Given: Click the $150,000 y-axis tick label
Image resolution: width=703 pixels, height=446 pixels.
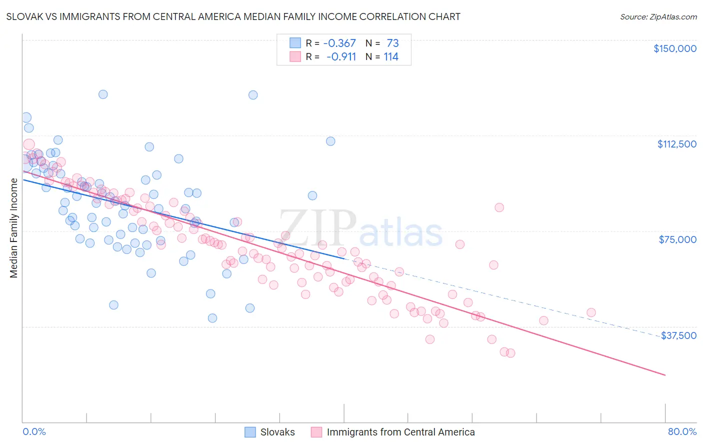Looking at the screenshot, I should click(674, 48).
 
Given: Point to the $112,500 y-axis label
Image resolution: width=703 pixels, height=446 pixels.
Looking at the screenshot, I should click(676, 144).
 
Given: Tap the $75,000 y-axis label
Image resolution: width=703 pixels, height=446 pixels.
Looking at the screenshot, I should click(677, 239).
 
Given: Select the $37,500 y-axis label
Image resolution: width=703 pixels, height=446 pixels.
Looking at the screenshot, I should click(678, 335).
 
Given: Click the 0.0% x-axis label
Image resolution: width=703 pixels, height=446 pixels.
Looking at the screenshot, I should click(34, 432).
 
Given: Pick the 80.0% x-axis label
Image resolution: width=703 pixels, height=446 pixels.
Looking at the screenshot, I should click(682, 432).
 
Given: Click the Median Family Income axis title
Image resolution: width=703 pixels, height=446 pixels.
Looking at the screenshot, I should click(13, 228).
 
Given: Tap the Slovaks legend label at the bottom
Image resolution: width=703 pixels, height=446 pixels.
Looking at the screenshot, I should click(277, 432).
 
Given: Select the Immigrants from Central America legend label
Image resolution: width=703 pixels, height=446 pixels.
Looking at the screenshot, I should click(400, 432).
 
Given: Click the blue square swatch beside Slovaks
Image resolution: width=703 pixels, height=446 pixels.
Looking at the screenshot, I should click(250, 432).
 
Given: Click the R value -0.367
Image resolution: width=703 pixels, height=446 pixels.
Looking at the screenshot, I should click(339, 43).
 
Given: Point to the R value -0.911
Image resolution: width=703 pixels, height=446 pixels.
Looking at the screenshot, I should click(341, 57).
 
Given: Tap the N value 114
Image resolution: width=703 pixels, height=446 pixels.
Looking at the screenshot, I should click(391, 57).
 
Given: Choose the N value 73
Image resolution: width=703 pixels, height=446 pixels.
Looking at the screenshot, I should click(392, 43).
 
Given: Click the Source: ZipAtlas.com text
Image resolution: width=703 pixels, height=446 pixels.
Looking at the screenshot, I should click(658, 17).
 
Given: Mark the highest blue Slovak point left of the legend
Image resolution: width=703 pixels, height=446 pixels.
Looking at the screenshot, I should click(103, 94).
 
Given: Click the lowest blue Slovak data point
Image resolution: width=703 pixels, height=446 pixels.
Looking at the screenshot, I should click(212, 318).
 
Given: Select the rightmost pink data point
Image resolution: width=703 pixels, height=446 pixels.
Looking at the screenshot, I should click(591, 312).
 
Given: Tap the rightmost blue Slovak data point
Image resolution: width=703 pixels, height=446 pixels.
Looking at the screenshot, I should click(330, 141).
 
